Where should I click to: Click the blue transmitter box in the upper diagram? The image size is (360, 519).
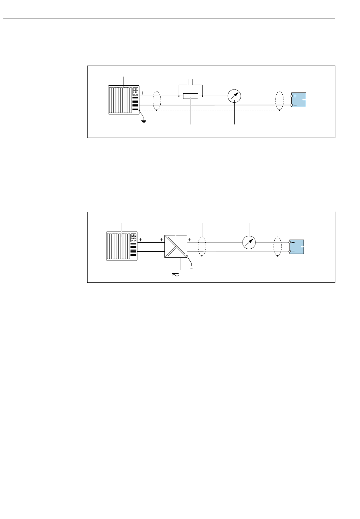[x=299, y=100]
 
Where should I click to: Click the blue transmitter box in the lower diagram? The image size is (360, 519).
[x=297, y=247]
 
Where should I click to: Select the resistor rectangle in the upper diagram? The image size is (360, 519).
[x=191, y=96]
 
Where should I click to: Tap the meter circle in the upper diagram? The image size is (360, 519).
[x=234, y=97]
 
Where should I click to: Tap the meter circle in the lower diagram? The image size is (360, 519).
[x=249, y=242]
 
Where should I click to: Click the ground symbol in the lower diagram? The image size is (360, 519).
[x=191, y=267]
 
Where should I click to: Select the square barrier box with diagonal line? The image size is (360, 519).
[x=176, y=246]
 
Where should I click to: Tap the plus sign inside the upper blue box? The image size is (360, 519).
[x=295, y=97]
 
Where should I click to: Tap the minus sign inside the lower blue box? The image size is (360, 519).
[x=293, y=251]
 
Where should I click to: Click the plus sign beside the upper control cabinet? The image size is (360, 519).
[x=142, y=93]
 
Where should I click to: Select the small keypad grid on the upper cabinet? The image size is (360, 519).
[x=135, y=91]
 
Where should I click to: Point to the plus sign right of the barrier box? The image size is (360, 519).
[x=189, y=240]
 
